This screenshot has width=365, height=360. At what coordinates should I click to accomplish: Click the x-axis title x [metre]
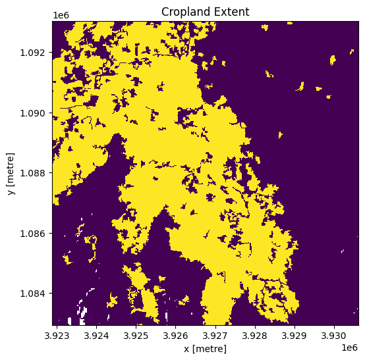coord(206,348)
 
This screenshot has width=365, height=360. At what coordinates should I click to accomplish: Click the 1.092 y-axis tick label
coord(35,52)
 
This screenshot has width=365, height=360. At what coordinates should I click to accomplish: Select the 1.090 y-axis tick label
coord(35,113)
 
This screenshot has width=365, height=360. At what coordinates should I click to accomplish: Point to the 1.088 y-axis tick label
coord(35,173)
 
